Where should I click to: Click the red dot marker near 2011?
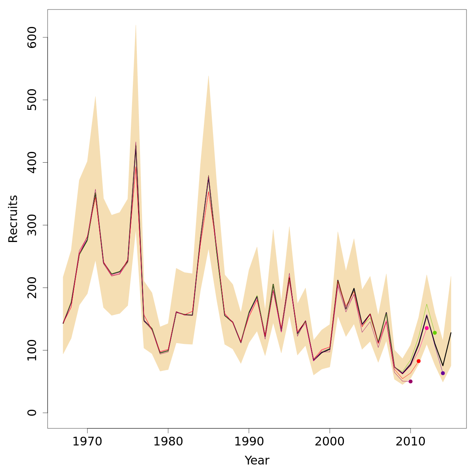point(418,361)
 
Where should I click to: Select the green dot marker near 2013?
point(435,333)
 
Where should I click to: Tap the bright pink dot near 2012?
point(427,328)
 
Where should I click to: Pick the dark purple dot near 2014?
point(443,373)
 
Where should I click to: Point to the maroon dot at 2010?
point(411,381)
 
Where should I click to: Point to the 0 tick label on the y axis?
point(32,413)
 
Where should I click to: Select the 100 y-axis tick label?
point(32,350)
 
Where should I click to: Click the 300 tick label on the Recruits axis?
point(32,225)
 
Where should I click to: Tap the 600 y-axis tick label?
point(32,37)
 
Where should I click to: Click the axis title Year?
point(257,461)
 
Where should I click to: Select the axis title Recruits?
point(13,219)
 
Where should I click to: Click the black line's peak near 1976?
point(136,145)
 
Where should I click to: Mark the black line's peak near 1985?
point(208,177)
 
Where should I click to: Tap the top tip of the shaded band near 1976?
point(136,25)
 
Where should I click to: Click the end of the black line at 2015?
point(451,333)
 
